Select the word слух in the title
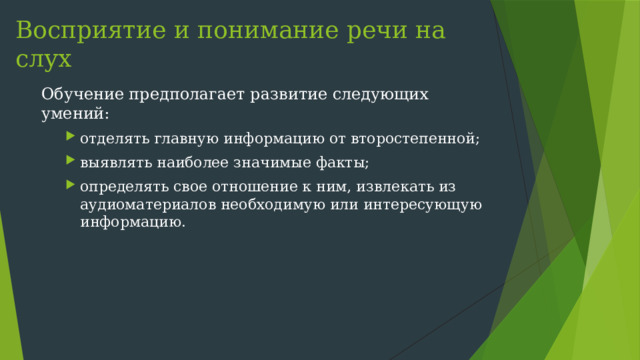point(44,60)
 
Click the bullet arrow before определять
point(71,186)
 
